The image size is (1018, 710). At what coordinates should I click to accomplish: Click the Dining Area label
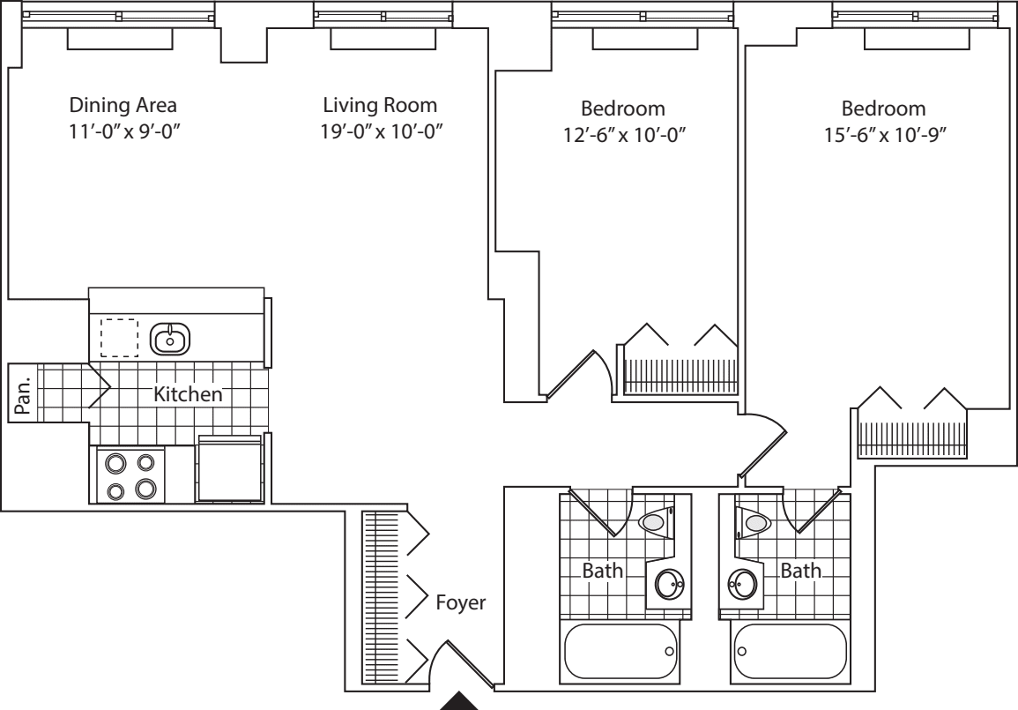(123, 106)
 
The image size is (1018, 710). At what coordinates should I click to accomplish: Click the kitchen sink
(170, 337)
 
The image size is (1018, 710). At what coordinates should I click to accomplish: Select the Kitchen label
(188, 394)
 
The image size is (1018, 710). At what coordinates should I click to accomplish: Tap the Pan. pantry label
(24, 393)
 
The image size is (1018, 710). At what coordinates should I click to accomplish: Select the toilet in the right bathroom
(754, 524)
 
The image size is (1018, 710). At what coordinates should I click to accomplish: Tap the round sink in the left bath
(669, 583)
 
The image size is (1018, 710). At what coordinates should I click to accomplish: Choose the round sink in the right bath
(742, 583)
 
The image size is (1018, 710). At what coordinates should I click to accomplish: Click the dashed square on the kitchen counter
(119, 337)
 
